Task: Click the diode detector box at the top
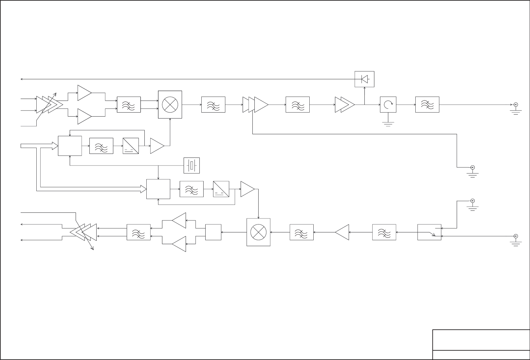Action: coord(364,79)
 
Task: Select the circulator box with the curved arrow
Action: coord(388,105)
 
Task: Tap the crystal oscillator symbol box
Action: coord(192,166)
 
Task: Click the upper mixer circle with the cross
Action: coord(170,105)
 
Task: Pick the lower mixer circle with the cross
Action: coord(258,232)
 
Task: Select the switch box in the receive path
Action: coord(429,232)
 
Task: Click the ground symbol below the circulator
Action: coord(388,124)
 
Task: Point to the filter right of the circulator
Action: coord(427,105)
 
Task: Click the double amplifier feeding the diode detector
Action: coord(345,105)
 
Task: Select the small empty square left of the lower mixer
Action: coord(213,232)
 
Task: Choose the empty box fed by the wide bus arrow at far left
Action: coord(70,146)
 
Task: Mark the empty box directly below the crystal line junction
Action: coord(158,189)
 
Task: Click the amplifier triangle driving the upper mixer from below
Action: coord(157,146)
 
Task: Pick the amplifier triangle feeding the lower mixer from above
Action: coord(247,189)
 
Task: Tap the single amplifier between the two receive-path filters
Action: coord(342,232)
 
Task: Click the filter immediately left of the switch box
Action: coord(384,232)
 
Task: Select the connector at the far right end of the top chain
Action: coord(516,105)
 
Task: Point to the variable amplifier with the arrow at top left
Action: coord(49,104)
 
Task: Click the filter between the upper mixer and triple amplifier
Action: coord(213,105)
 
